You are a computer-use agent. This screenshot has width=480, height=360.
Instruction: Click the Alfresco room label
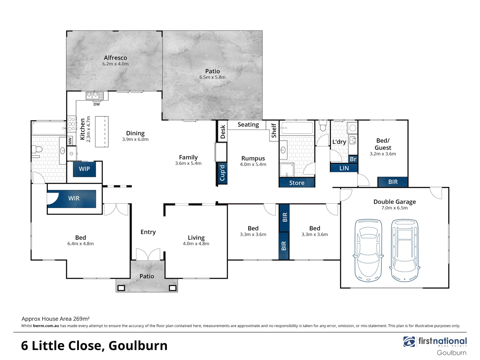pyautogui.click(x=115, y=58)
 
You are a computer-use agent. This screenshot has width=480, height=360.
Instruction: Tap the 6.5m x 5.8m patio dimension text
pyautogui.click(x=212, y=77)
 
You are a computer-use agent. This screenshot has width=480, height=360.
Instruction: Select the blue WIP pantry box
pyautogui.click(x=84, y=169)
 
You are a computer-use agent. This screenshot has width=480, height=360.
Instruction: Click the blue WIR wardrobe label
pyautogui.click(x=74, y=198)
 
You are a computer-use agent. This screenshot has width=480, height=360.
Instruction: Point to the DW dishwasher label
pyautogui.click(x=97, y=104)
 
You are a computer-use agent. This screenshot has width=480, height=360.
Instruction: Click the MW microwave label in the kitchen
pyautogui.click(x=70, y=141)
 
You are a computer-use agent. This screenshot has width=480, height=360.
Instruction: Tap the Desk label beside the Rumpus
pyautogui.click(x=223, y=132)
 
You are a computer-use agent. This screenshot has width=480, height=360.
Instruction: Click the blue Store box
pyautogui.click(x=297, y=183)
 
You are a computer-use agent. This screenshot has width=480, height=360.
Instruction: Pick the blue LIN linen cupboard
pyautogui.click(x=344, y=168)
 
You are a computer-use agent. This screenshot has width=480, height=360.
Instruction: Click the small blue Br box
pyautogui.click(x=353, y=159)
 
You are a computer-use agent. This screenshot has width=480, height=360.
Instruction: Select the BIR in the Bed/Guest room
pyautogui.click(x=393, y=182)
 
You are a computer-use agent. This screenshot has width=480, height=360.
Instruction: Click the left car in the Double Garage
pyautogui.click(x=368, y=250)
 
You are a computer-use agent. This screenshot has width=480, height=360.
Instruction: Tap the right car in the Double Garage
pyautogui.click(x=404, y=250)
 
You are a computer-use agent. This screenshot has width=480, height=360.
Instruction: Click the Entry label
pyautogui.click(x=148, y=232)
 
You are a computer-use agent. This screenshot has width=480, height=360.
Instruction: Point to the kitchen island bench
pyautogui.click(x=102, y=131)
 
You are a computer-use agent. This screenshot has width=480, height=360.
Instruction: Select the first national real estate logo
pyautogui.click(x=435, y=342)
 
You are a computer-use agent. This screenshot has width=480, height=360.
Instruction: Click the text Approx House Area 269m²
pyautogui.click(x=56, y=319)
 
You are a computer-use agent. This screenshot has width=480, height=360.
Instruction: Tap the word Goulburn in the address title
pyautogui.click(x=138, y=346)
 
